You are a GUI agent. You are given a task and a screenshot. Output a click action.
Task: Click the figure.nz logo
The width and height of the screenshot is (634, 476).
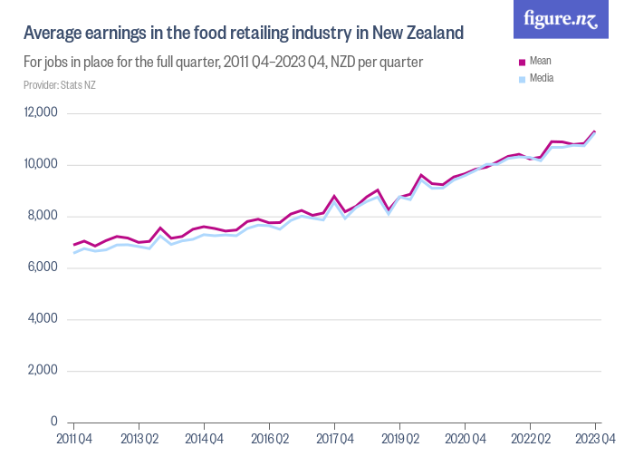click(x=561, y=20)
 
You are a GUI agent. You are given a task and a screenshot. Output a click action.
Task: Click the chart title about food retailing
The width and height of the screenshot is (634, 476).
click(x=243, y=34)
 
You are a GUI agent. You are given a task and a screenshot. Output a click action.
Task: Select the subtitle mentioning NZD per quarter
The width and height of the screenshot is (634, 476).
click(x=223, y=63)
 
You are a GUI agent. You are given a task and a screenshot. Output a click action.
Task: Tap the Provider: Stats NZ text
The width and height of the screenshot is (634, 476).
click(x=59, y=85)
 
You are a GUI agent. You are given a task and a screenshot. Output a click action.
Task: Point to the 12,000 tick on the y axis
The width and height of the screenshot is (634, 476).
click(x=41, y=112)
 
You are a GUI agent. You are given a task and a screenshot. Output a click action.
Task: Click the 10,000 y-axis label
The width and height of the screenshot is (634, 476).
click(x=41, y=164)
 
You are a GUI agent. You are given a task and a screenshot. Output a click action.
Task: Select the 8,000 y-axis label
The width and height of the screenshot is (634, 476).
click(x=43, y=216)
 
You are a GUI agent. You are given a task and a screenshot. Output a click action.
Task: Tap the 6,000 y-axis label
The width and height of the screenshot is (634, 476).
click(x=43, y=267)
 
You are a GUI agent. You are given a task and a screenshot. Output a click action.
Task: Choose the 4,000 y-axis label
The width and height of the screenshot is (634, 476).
click(x=43, y=319)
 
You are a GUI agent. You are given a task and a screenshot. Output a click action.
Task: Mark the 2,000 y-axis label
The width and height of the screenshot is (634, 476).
click(x=43, y=371)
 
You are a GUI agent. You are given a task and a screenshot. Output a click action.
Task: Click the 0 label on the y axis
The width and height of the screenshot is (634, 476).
click(x=53, y=423)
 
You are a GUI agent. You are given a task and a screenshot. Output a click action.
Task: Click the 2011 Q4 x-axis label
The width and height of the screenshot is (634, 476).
click(x=73, y=440)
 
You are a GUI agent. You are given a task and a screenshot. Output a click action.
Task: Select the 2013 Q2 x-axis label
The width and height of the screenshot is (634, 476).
click(x=139, y=440)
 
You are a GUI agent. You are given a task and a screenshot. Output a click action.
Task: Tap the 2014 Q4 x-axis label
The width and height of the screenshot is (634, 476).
click(x=204, y=440)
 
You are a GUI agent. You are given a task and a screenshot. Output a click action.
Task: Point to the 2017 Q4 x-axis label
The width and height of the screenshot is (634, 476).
click(x=334, y=440)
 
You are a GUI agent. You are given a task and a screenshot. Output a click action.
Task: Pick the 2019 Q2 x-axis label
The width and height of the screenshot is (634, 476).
click(x=399, y=440)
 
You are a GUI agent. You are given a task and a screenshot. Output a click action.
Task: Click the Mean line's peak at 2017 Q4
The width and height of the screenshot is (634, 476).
click(x=334, y=196)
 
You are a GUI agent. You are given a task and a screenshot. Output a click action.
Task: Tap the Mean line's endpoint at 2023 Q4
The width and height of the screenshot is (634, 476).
click(x=595, y=131)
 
